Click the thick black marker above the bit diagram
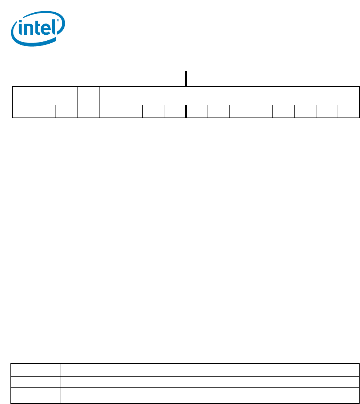click(x=186, y=79)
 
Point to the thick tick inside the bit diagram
click(x=186, y=111)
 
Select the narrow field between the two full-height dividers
click(x=88, y=102)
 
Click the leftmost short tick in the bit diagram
click(x=34, y=111)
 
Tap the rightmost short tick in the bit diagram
click(x=338, y=111)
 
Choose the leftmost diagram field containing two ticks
click(x=45, y=102)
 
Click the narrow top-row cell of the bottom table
click(x=35, y=370)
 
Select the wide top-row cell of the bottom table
click(x=209, y=370)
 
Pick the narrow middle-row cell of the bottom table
click(x=35, y=382)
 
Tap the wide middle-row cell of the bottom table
click(x=209, y=382)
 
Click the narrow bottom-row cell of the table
click(x=35, y=395)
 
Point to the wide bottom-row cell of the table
click(x=209, y=395)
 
